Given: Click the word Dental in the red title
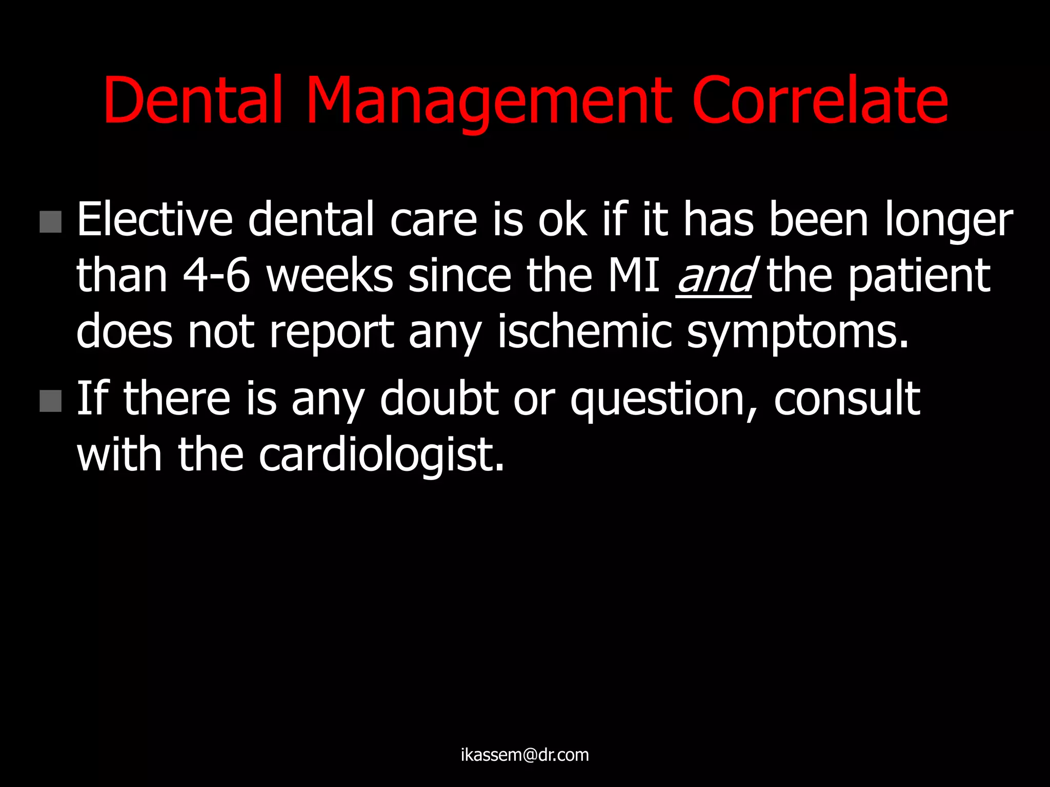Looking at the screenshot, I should pyautogui.click(x=193, y=99).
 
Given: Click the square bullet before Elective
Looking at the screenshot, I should pyautogui.click(x=50, y=222).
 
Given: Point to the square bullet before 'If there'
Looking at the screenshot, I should pyautogui.click(x=50, y=401).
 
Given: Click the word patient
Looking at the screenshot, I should pyautogui.click(x=919, y=277).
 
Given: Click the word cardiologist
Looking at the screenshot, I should pyautogui.click(x=381, y=456).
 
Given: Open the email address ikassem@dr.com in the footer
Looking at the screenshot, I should pyautogui.click(x=524, y=755).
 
